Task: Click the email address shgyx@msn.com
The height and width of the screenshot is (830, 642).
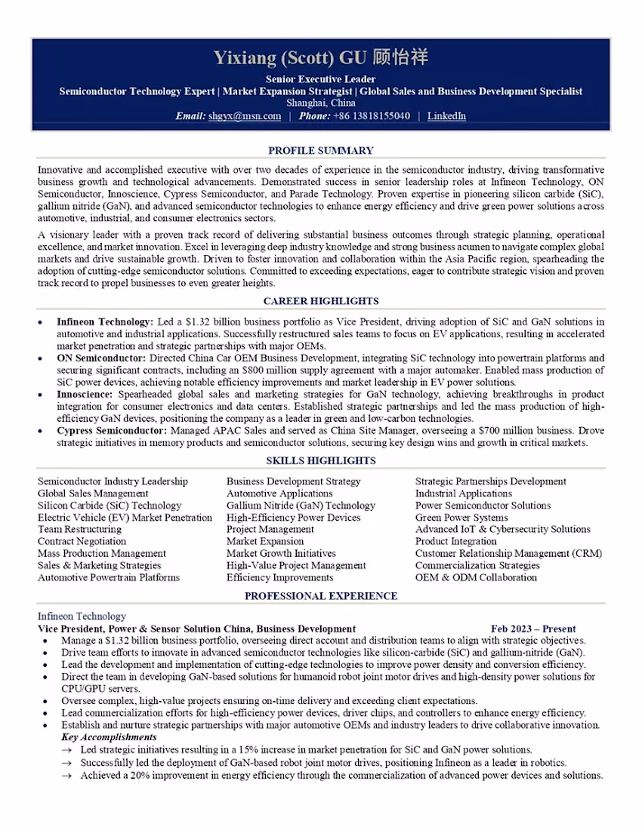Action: tap(245, 116)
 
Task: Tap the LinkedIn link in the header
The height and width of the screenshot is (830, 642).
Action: tap(446, 116)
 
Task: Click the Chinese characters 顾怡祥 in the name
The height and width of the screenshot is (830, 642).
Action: tap(400, 58)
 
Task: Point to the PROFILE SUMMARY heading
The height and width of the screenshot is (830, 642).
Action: tap(321, 150)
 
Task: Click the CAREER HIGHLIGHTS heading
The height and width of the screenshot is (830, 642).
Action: tap(321, 301)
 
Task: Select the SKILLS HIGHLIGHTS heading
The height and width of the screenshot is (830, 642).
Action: tap(321, 460)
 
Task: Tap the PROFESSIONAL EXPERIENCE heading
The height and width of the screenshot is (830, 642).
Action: tap(321, 596)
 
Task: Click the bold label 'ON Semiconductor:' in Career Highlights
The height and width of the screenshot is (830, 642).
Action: tap(102, 358)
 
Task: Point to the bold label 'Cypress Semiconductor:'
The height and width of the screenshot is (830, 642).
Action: tap(112, 430)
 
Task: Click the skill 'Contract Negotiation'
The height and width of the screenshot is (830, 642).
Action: tap(82, 541)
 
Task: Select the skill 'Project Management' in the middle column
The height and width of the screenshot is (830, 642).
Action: tap(270, 529)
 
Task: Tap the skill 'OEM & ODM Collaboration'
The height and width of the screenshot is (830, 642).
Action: tap(476, 577)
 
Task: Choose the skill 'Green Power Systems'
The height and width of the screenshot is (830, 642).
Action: tap(461, 518)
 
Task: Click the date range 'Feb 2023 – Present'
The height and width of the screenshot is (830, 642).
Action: tap(533, 629)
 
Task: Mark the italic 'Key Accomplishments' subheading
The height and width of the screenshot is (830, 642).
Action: tap(109, 737)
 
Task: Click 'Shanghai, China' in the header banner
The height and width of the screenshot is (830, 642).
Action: tap(321, 103)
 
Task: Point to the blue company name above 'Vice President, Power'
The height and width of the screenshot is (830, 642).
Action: tap(82, 616)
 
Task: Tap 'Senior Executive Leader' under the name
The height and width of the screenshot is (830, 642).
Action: tap(321, 78)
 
